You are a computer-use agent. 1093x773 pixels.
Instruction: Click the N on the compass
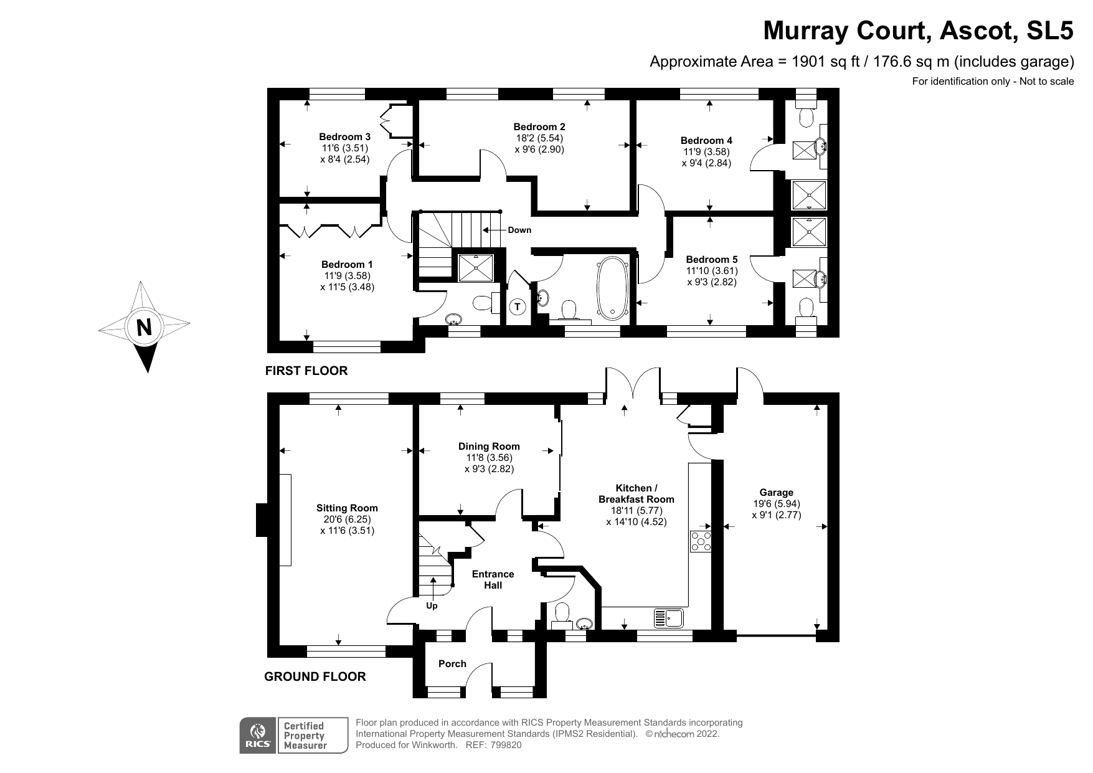[x=144, y=326]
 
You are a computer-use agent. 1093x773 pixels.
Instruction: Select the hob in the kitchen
[x=701, y=541]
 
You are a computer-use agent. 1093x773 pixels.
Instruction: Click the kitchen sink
[x=669, y=618]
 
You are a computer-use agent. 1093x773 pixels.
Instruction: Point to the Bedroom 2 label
[x=539, y=126]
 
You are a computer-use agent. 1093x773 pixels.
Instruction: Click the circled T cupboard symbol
[x=517, y=306]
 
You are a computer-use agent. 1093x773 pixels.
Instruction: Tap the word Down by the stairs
[x=519, y=230]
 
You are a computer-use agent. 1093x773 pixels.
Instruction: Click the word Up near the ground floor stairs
[x=432, y=605]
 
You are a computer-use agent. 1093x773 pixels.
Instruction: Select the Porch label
[x=452, y=663]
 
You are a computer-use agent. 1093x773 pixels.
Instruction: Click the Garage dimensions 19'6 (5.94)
[x=776, y=504]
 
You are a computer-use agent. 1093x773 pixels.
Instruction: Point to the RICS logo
[x=258, y=736]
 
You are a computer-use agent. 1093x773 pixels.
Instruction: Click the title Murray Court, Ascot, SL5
[x=918, y=30]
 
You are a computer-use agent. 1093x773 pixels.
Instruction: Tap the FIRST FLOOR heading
[x=306, y=371]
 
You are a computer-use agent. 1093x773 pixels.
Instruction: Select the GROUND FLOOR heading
[x=315, y=676]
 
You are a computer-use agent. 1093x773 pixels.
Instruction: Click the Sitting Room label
[x=347, y=508]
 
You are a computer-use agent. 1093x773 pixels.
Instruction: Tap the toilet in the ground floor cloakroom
[x=561, y=613]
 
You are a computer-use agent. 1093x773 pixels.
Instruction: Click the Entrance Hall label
[x=493, y=579]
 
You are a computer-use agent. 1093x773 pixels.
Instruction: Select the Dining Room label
[x=489, y=446]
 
